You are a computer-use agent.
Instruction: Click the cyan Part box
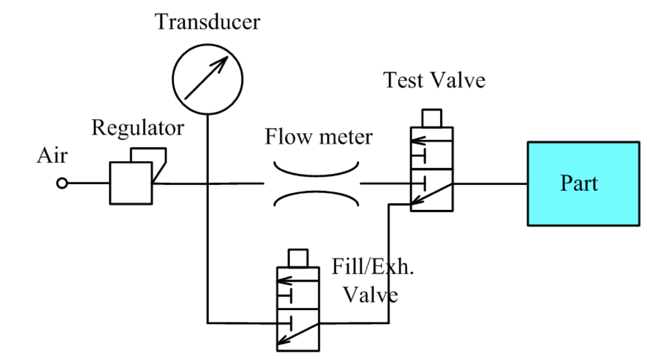[583, 184]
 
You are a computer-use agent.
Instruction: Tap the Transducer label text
[207, 21]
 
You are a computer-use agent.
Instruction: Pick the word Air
[52, 156]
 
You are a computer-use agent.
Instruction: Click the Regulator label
[138, 127]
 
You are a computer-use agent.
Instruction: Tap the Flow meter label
[319, 137]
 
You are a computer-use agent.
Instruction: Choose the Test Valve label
[434, 80]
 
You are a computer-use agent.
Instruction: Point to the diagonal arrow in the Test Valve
[431, 194]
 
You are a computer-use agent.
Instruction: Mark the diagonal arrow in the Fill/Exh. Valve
[298, 334]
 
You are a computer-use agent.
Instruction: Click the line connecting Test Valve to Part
[490, 184]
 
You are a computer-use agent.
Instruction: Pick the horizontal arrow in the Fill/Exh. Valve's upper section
[298, 281]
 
